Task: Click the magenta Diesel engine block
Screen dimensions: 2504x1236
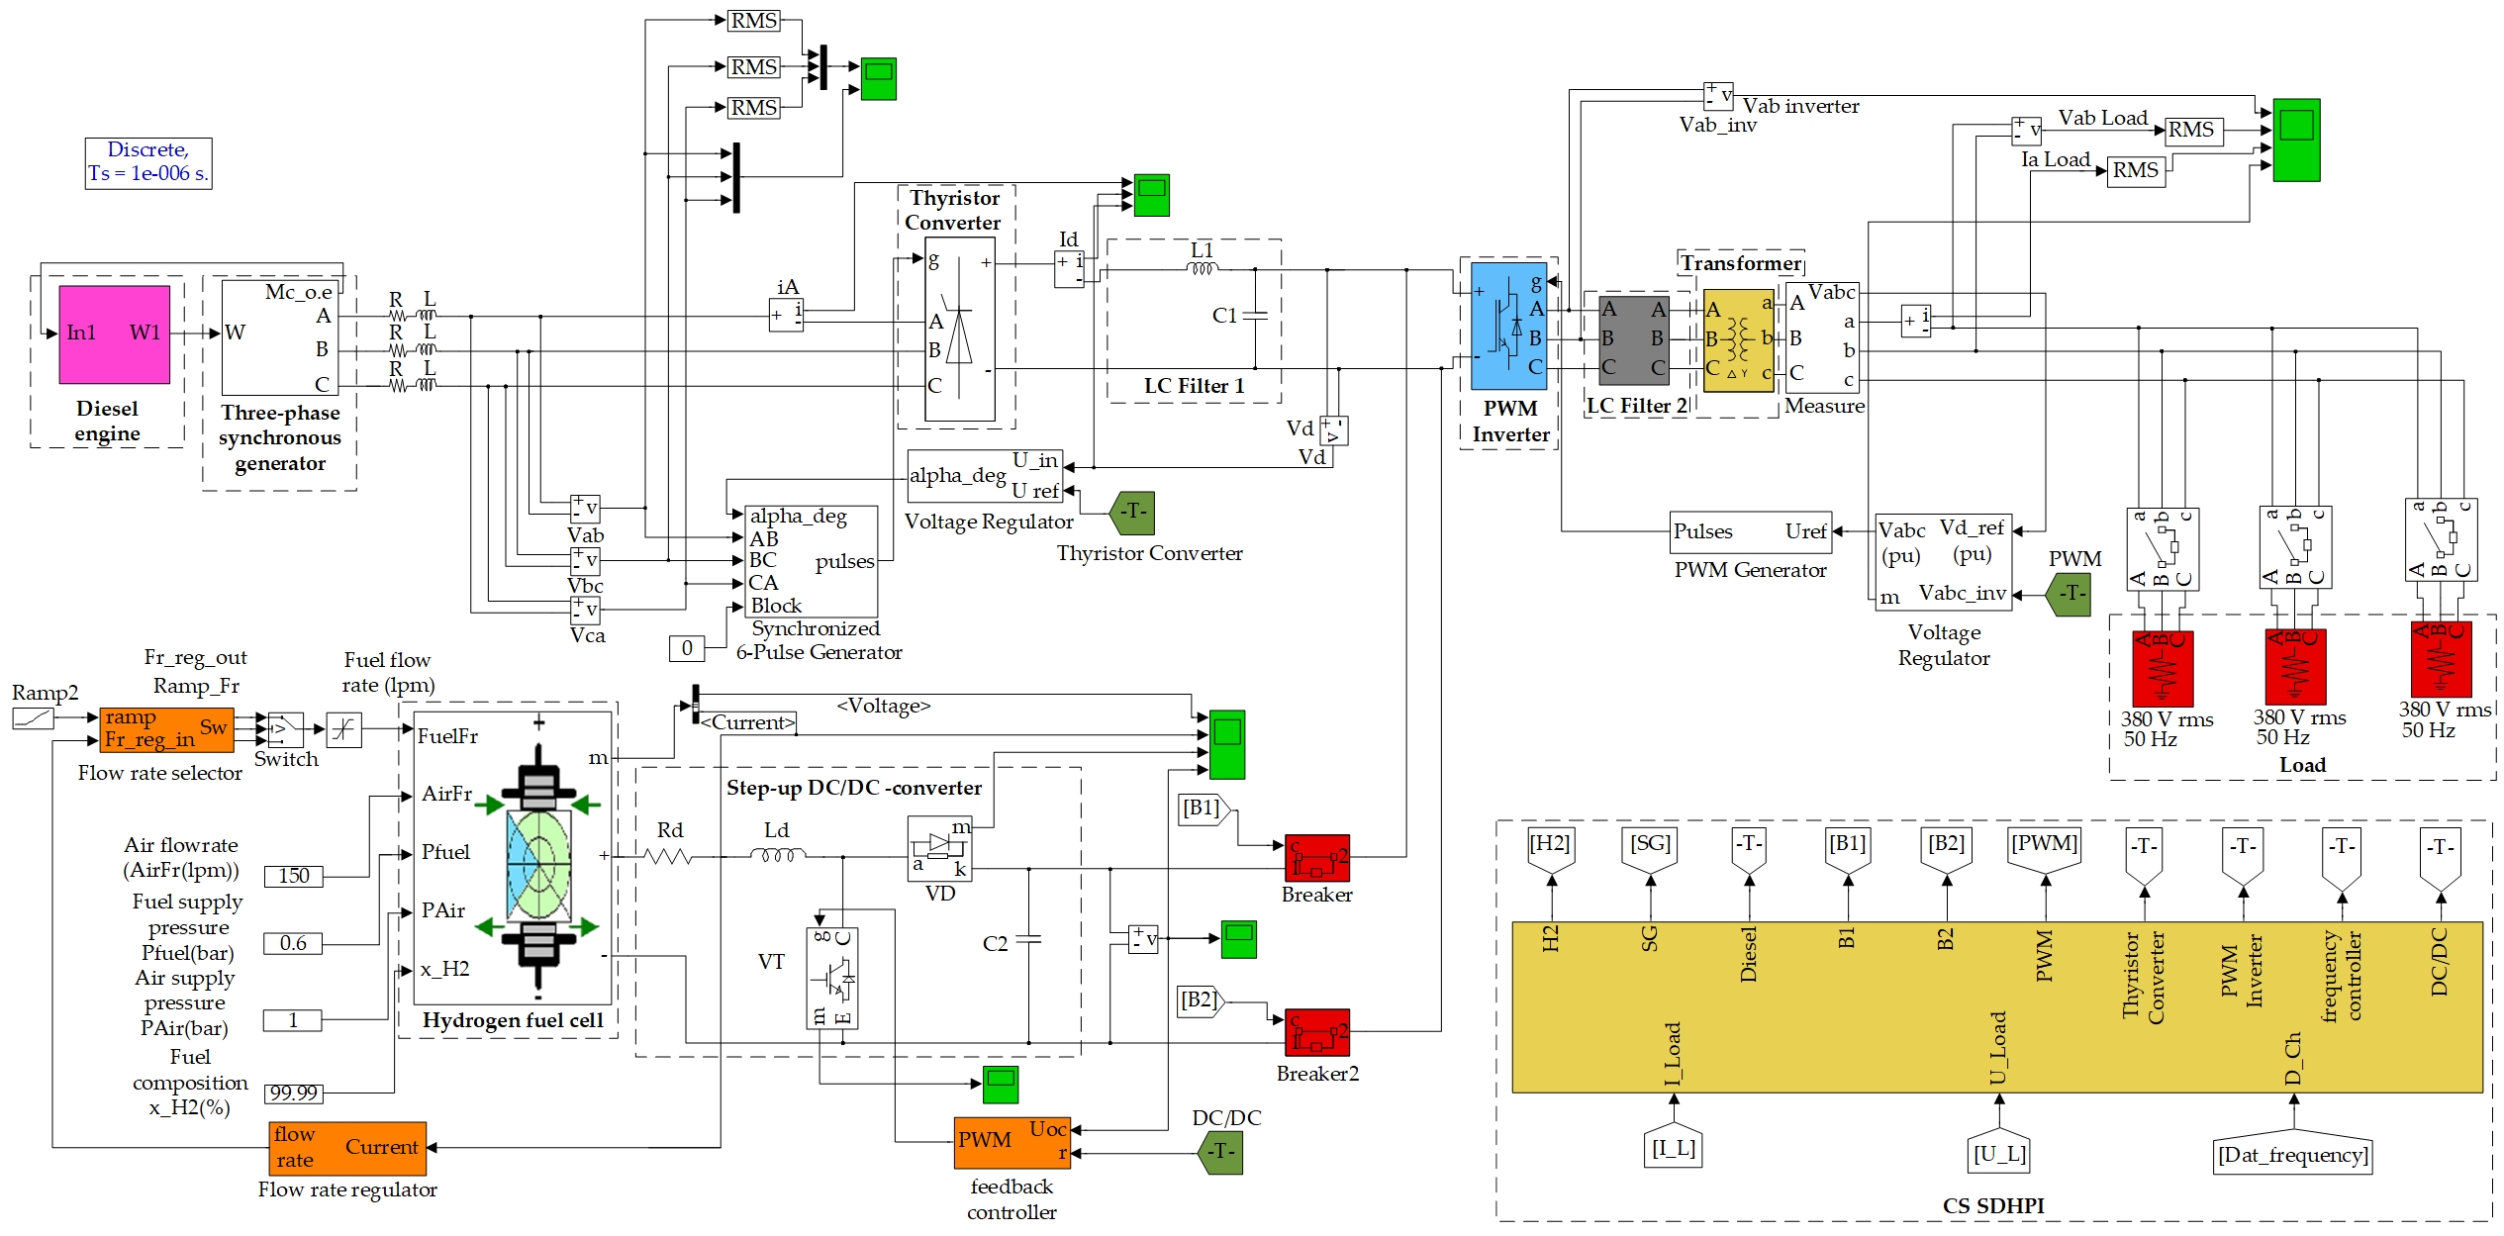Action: (x=114, y=334)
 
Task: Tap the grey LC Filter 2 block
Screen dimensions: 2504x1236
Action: (x=1634, y=339)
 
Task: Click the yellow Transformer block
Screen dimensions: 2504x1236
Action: (x=1739, y=340)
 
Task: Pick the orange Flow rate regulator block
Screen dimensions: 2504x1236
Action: (x=347, y=1148)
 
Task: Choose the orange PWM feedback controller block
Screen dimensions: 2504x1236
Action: (x=1012, y=1143)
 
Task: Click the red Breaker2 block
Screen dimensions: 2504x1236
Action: (x=1317, y=1032)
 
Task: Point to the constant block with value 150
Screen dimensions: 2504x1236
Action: (x=293, y=876)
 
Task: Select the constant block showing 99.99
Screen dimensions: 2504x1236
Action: (x=293, y=1093)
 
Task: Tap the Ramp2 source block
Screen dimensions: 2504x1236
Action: (x=33, y=717)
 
